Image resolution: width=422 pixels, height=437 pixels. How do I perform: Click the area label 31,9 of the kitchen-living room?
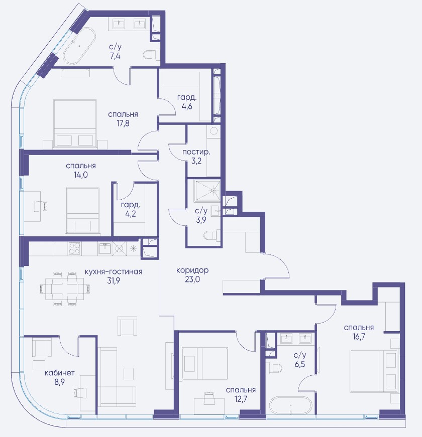coord(114,280)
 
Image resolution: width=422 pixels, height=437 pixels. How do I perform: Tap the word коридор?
coord(192,270)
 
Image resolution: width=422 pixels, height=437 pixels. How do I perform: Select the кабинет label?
coord(60,373)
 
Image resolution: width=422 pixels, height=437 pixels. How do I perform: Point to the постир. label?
coord(196,152)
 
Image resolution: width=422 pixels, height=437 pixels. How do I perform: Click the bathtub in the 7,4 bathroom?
coord(79,46)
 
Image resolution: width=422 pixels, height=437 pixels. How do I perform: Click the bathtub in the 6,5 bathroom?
coord(290,405)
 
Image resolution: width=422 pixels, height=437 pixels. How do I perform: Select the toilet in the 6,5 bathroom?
coord(274,367)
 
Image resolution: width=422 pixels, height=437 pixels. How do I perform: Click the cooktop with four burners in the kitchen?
coord(74,249)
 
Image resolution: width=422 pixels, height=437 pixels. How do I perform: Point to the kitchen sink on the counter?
coord(105,248)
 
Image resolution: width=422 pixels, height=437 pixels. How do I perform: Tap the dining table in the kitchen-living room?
coord(65,289)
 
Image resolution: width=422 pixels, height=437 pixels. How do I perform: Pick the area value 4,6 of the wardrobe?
coord(186,106)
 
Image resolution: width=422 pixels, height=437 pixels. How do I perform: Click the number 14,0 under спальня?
coord(81,175)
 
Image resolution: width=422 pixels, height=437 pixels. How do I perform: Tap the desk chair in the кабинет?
coord(78,393)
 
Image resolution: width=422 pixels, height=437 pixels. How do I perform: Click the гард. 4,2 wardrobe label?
coord(131,209)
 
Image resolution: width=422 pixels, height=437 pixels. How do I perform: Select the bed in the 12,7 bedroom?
coord(205,363)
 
